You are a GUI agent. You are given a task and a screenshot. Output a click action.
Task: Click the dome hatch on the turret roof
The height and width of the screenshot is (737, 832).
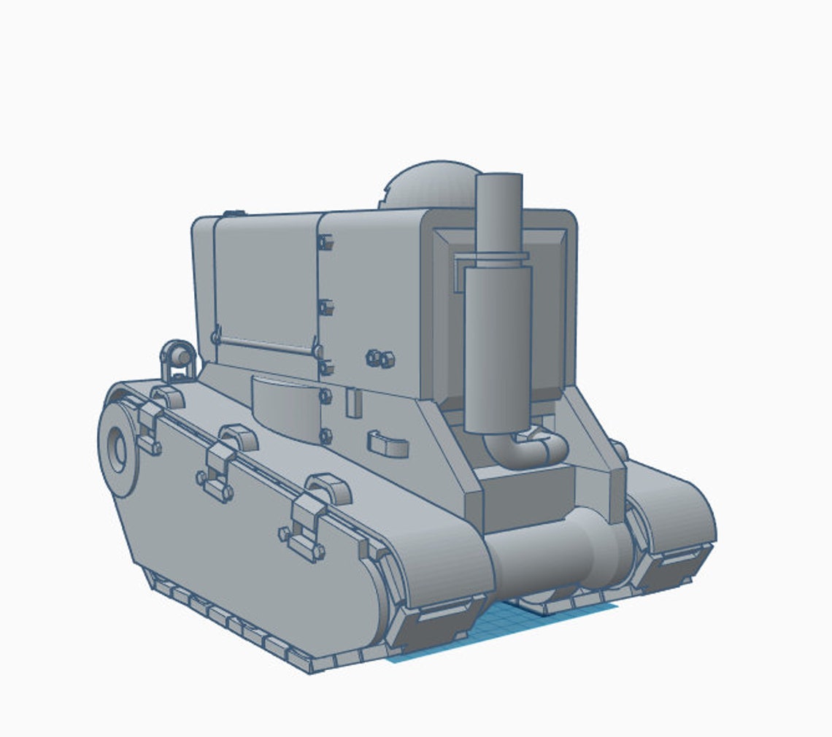[x=427, y=184]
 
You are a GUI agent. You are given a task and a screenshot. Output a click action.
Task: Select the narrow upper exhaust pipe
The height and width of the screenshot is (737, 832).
[x=499, y=212]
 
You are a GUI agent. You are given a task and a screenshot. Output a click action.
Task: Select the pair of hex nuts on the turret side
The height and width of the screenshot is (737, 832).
[x=380, y=358]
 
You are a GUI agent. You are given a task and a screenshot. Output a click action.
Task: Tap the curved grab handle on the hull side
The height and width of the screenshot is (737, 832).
[x=388, y=444]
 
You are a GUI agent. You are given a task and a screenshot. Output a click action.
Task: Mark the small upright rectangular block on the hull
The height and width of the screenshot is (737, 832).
[x=354, y=403]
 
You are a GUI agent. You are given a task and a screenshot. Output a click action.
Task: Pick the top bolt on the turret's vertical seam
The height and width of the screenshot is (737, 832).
[x=325, y=242]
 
